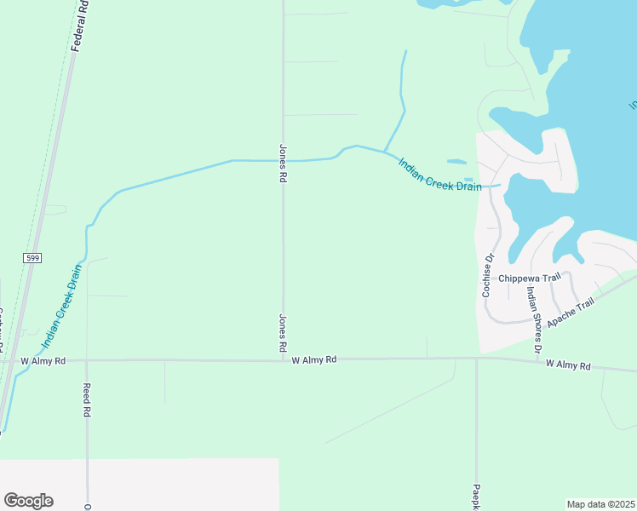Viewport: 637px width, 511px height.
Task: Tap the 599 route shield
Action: pyautogui.click(x=32, y=257)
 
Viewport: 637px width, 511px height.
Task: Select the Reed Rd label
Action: pyautogui.click(x=86, y=399)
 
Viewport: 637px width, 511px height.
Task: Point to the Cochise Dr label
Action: pyautogui.click(x=488, y=275)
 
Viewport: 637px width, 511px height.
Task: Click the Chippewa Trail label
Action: pyautogui.click(x=531, y=278)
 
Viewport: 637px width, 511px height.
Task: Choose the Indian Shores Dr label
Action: pyautogui.click(x=533, y=319)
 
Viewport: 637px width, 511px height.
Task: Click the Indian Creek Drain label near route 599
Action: pyautogui.click(x=62, y=307)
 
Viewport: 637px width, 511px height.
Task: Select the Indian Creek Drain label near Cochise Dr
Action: pyautogui.click(x=439, y=175)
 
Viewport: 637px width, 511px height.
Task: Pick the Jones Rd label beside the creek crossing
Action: pyautogui.click(x=283, y=164)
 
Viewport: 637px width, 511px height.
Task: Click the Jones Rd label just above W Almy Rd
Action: pyautogui.click(x=283, y=333)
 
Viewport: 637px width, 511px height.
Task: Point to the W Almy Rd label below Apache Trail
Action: pyautogui.click(x=568, y=365)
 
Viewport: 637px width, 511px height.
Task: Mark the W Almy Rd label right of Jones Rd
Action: pyautogui.click(x=314, y=360)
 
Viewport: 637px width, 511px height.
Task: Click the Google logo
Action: pyautogui.click(x=28, y=501)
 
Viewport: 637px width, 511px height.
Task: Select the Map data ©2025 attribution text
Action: pyautogui.click(x=600, y=504)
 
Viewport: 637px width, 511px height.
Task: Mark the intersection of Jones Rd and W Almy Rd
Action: pyautogui.click(x=283, y=360)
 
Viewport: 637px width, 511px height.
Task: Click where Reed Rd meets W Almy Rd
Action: pyautogui.click(x=86, y=360)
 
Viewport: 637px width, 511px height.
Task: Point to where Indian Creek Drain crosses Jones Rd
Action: pyautogui.click(x=283, y=160)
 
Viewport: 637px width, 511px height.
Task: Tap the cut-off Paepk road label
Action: pyautogui.click(x=476, y=497)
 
